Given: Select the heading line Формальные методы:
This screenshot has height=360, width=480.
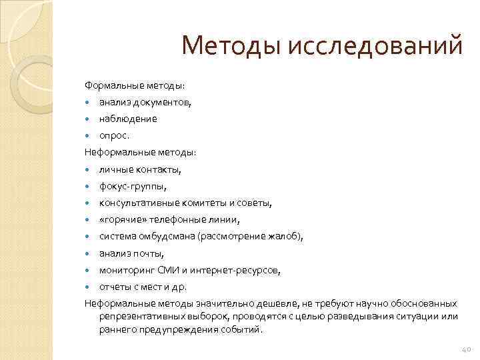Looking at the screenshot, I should pos(135,85).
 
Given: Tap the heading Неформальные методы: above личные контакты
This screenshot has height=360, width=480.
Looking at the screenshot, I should pos(140,153).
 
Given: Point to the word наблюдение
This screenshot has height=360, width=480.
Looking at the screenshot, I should pos(128,119).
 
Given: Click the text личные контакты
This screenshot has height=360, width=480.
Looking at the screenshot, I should pos(140,169).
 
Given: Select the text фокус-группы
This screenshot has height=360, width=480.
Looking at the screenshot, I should pos(133,187).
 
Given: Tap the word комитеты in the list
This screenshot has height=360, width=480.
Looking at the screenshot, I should pos(197,203).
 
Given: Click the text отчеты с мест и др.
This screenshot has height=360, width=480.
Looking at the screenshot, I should pos(143,287).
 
